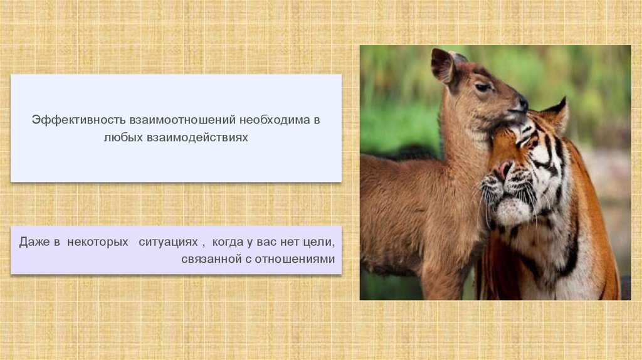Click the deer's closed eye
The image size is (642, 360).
(x=482, y=88)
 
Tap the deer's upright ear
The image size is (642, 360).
(x=443, y=65)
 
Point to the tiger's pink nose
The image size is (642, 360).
(x=503, y=169)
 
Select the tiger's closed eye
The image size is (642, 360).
(x=525, y=140)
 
